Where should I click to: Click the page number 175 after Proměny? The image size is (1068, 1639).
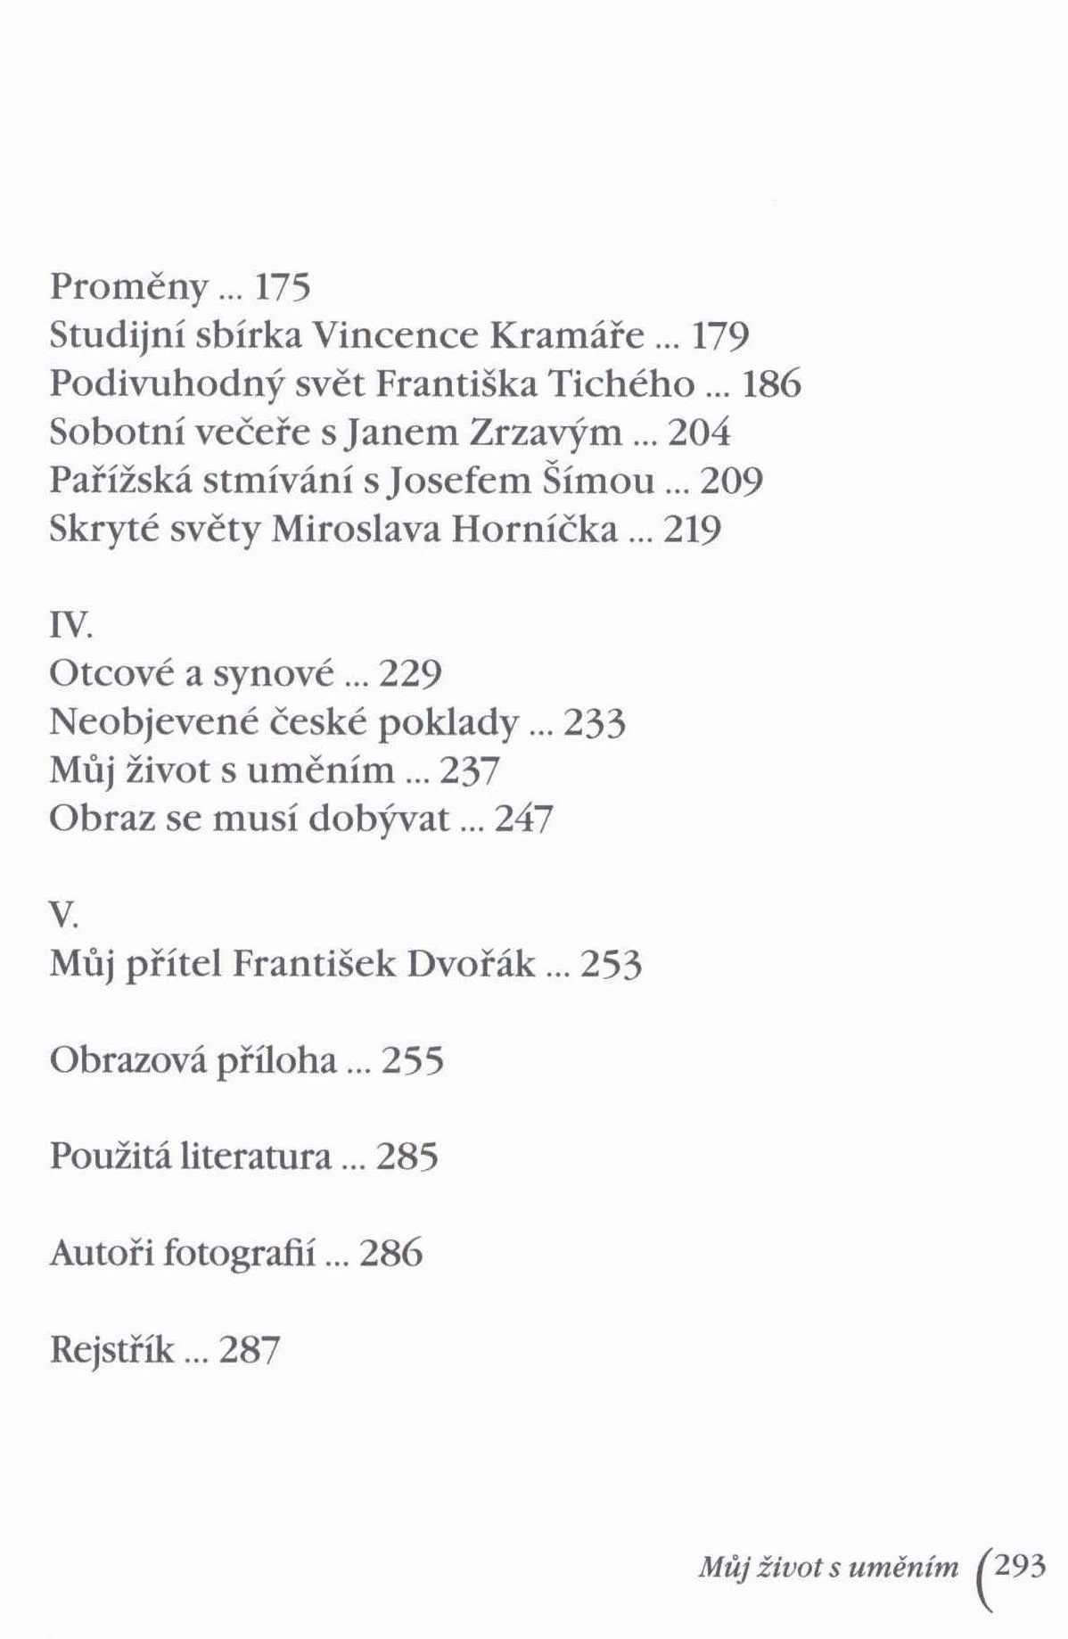pos(282,287)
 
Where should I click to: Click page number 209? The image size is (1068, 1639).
pos(732,482)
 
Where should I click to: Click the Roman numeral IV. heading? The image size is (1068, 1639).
pos(70,627)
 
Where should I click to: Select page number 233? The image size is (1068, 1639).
pos(595,722)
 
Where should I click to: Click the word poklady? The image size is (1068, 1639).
pos(448,724)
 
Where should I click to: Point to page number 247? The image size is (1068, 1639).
pos(523,819)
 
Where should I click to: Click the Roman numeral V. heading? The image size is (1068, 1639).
pos(64,916)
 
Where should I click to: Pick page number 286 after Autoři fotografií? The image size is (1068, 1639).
pos(390,1253)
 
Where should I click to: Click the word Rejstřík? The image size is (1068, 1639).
pos(111,1350)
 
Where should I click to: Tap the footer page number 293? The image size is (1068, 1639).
pos(1019,1566)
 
